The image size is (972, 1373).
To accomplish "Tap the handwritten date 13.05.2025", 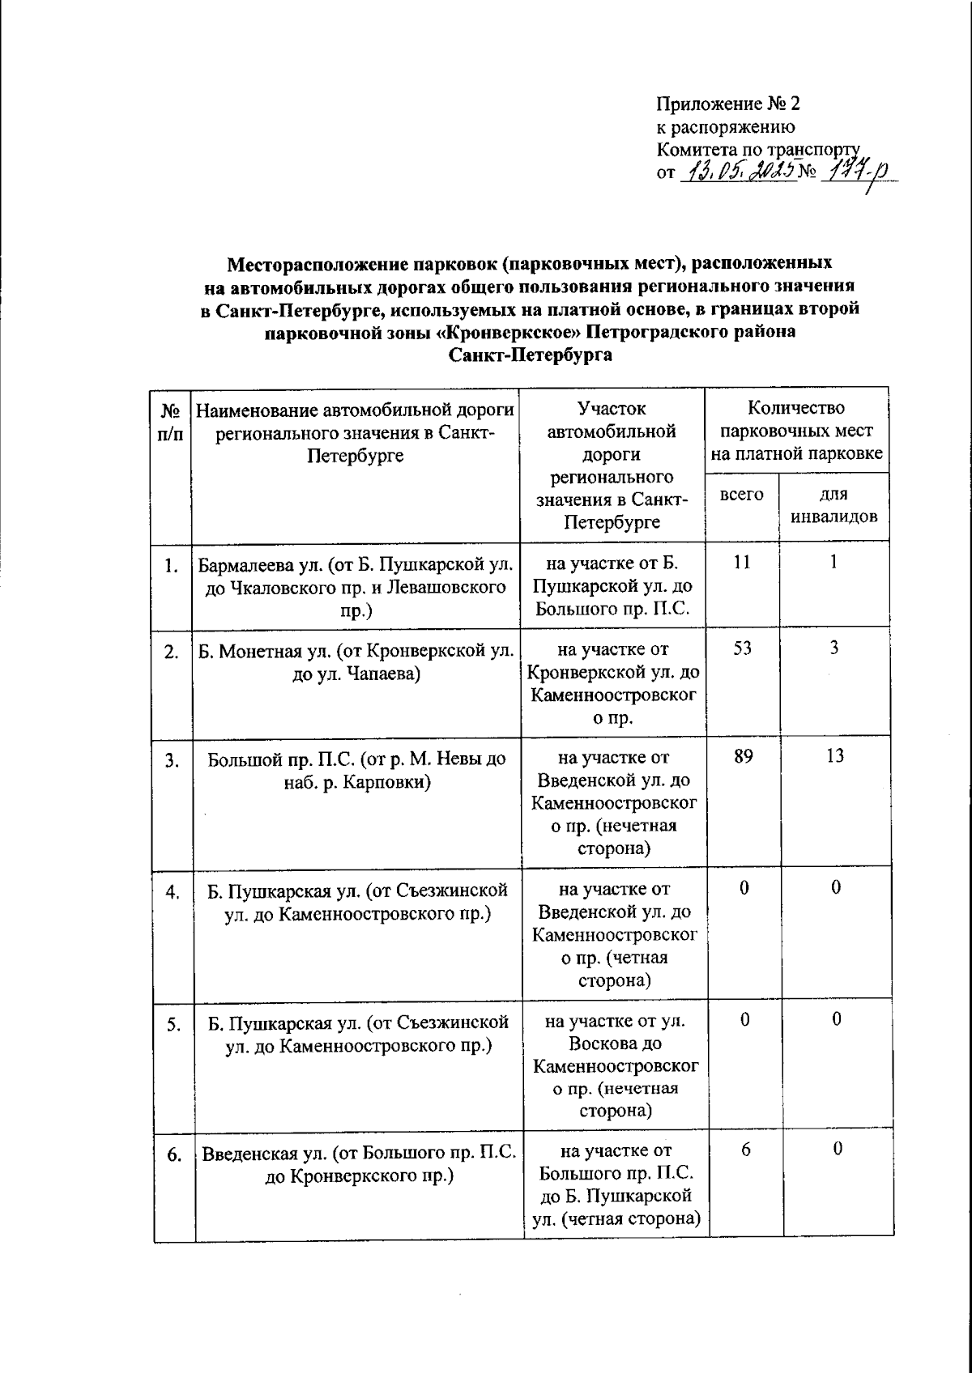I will (x=738, y=172).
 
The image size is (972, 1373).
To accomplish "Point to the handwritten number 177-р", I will (x=850, y=173).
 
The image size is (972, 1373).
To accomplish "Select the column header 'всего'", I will (x=741, y=495).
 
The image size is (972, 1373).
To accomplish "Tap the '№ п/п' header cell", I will (x=170, y=423).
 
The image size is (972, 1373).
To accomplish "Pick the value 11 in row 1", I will (x=742, y=562).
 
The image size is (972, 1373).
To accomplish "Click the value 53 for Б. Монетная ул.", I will (x=742, y=648).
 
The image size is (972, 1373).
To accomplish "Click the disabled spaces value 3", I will (x=834, y=648).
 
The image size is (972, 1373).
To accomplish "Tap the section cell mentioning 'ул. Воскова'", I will (x=615, y=1065).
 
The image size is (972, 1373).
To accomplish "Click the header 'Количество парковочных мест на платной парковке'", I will (x=796, y=431).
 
